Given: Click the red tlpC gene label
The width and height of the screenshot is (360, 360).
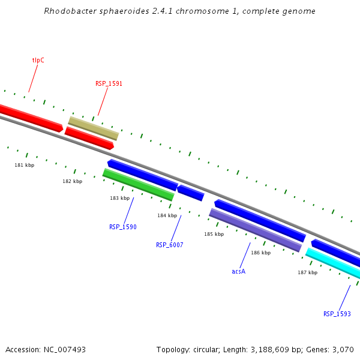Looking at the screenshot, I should pos(38,60).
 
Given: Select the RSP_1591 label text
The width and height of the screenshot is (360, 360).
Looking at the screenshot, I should pos(109,84).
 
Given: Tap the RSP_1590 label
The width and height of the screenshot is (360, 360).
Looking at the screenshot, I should pos(122,227).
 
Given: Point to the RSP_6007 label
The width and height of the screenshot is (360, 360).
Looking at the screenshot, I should pos(169,245).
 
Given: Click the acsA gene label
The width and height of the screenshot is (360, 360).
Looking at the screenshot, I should pos(238,271).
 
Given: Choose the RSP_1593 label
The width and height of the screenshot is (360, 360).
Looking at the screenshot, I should pos(337,314).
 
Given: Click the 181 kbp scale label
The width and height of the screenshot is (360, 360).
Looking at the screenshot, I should pos(25,165).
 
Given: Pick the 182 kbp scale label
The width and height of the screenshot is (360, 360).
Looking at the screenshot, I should pos(72,181).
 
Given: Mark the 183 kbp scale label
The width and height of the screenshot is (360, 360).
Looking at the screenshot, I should pos(119,198).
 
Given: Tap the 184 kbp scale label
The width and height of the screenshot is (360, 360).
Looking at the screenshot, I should pos(167,215).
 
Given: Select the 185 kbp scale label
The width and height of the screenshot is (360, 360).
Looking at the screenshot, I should pos(214,234).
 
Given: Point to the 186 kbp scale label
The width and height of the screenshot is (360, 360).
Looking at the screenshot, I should pos(260,253).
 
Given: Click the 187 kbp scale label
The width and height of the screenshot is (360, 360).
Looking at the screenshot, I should pos(307,272).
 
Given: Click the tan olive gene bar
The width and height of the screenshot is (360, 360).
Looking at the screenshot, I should pos(93,128).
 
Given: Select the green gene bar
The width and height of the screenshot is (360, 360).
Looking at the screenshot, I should pos(138,185).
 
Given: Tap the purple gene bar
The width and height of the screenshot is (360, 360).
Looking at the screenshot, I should pos(255,230).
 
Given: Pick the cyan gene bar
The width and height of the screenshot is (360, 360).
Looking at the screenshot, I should pos(333,263).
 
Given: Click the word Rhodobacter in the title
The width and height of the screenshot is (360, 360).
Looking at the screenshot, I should pos(68,11).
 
